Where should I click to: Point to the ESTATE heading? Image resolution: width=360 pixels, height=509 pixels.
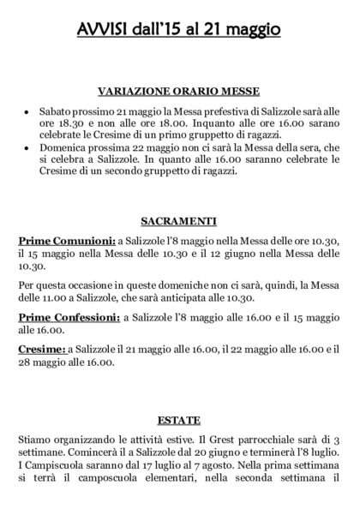point(179,421)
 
